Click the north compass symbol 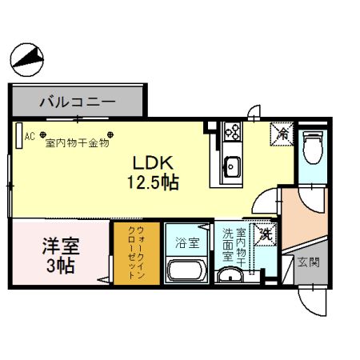pos(26,60)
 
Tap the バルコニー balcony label pos(78,102)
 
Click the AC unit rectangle pos(19,135)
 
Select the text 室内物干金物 pos(78,143)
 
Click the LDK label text pos(153,163)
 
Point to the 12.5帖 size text pos(153,182)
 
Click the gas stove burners pos(233,131)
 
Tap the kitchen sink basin pos(232,167)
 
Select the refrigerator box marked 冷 pos(282,134)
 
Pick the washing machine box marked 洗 pos(266,234)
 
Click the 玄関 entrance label pos(308,262)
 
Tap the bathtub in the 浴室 pos(186,270)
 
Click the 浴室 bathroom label pos(187,243)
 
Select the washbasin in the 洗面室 pos(230,275)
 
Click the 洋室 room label pos(61,246)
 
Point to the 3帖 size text pos(61,266)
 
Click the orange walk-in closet pos(137,254)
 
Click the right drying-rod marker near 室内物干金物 pos(110,134)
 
